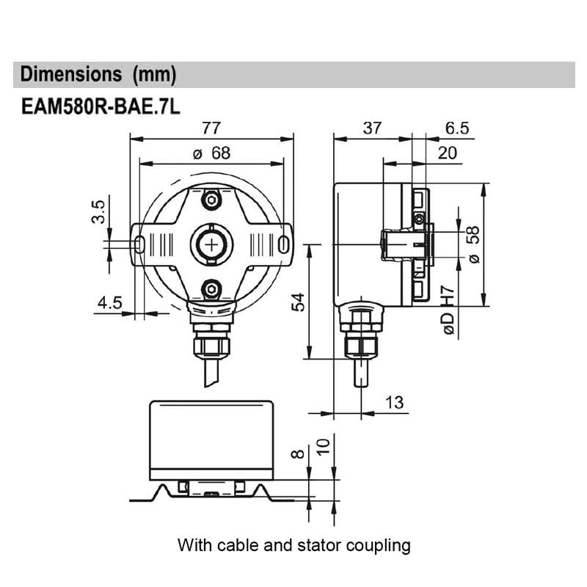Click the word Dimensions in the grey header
[x=70, y=74]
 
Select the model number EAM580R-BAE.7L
[x=100, y=108]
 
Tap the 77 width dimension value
[x=211, y=128]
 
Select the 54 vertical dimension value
[x=298, y=300]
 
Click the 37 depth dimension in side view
[x=372, y=128]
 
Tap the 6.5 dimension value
[x=456, y=128]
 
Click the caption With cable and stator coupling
[x=293, y=545]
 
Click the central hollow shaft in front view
[x=211, y=244]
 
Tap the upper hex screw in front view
[x=211, y=200]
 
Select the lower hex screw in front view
[x=211, y=288]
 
